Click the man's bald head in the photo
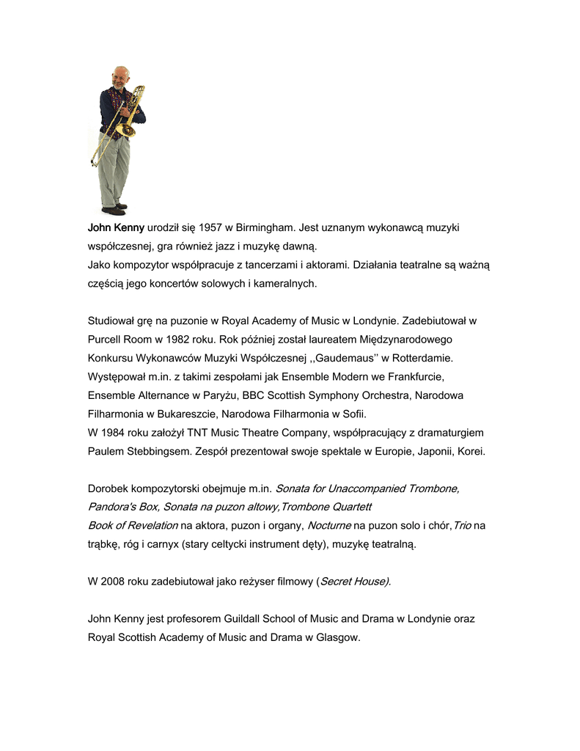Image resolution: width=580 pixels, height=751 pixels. coord(120,73)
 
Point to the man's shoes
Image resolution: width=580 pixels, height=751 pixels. coord(114,210)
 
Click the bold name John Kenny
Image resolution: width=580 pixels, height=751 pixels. coord(116,228)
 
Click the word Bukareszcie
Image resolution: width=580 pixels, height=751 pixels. coord(185,414)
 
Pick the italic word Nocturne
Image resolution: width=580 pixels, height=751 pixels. coord(328,525)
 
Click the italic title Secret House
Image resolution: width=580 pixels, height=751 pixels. coord(354,582)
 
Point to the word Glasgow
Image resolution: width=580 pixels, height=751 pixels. coord(337,637)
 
